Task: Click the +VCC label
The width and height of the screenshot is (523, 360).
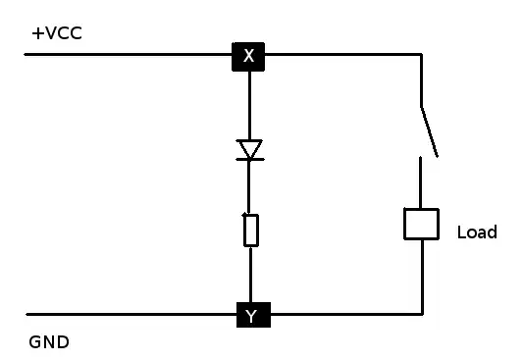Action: coord(56,33)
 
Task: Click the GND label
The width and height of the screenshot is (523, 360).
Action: coord(49,343)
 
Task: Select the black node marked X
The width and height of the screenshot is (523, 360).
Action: coord(248,56)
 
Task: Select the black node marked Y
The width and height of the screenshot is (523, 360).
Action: coord(252,315)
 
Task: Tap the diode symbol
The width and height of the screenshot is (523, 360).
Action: coord(250,149)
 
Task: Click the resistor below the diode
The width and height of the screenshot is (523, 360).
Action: coord(251,230)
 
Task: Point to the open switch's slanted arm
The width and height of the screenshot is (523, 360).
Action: coord(429,130)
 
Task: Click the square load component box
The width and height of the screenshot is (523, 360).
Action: coord(421,224)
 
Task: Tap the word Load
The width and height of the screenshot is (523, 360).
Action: coord(477,232)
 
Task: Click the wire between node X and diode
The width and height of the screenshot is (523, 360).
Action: coord(249,103)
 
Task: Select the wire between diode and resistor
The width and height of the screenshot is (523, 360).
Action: coord(250,186)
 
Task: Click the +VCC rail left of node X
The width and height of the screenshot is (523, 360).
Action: coord(128,54)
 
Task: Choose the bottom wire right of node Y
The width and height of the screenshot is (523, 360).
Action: coord(343,314)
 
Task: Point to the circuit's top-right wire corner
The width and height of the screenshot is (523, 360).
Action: coord(422,54)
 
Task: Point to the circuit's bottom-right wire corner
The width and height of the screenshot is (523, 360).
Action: coord(422,314)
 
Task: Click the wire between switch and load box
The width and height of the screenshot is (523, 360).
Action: coord(421,181)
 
